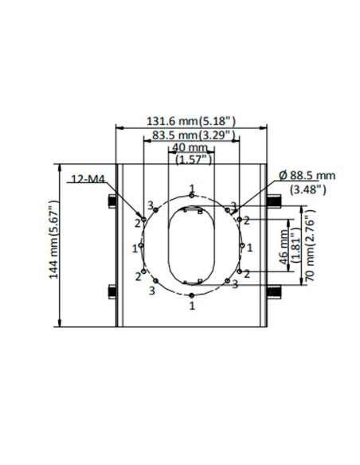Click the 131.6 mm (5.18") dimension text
coord(192,121)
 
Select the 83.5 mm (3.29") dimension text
coord(192,135)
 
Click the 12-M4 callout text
coord(88,180)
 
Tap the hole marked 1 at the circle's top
coord(192,196)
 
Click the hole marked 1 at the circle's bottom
coord(192,296)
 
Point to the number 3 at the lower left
coord(152,291)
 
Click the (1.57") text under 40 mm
coord(192,160)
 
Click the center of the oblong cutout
coord(192,246)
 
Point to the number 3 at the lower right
coord(236,284)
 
